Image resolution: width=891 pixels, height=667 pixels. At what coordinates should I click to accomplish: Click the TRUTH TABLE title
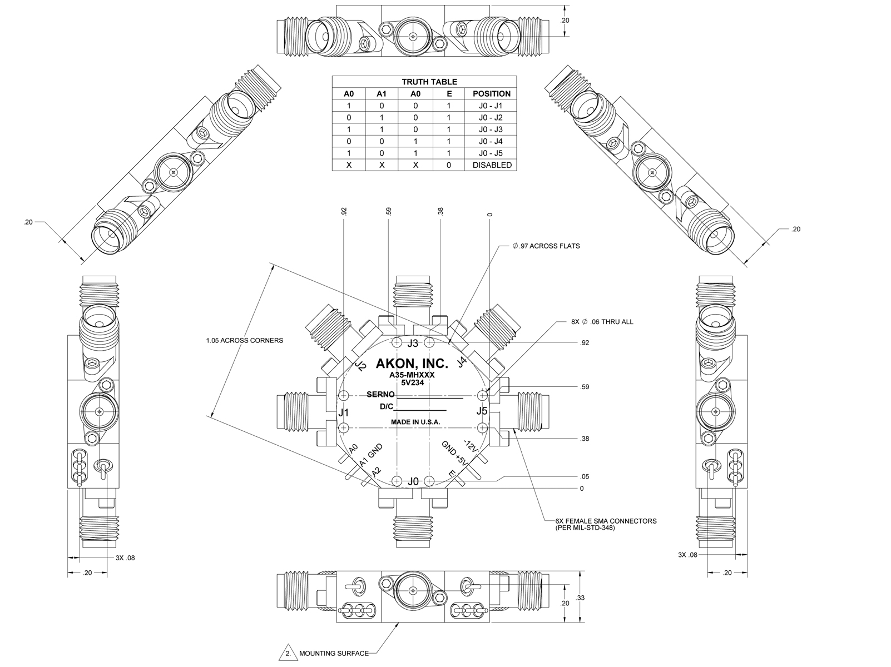click(x=424, y=82)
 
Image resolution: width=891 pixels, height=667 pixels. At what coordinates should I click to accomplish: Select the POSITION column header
click(x=491, y=94)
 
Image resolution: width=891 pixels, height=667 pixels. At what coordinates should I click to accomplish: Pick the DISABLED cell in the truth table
click(x=491, y=165)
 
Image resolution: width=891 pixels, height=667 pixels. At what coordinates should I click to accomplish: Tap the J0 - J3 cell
click(x=491, y=130)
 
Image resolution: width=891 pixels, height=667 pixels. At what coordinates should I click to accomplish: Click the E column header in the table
click(x=449, y=94)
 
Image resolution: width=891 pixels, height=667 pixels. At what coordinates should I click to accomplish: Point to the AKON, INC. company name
click(x=412, y=364)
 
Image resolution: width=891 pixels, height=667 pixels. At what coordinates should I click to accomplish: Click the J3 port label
click(x=413, y=343)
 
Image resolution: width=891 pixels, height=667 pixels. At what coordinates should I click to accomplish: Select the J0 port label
click(x=413, y=481)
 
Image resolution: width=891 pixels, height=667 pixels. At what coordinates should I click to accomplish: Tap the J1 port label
click(x=344, y=413)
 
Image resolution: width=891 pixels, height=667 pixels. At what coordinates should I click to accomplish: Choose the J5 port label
click(x=482, y=411)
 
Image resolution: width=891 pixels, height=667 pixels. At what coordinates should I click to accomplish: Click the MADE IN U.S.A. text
click(x=415, y=422)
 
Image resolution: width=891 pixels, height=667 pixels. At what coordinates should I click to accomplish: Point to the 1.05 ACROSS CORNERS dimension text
click(x=244, y=340)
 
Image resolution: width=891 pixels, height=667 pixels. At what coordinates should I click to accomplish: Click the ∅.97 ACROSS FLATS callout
click(x=546, y=246)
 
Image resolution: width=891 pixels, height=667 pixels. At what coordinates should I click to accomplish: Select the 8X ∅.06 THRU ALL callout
click(x=602, y=322)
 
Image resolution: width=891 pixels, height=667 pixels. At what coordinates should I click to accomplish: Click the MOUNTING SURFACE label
click(x=334, y=653)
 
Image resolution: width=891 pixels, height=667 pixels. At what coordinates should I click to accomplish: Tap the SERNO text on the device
click(x=380, y=395)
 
